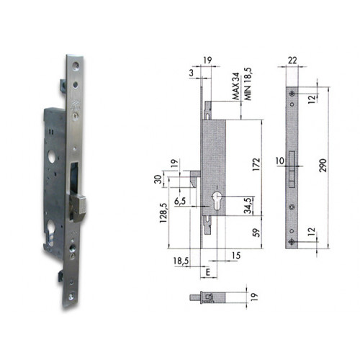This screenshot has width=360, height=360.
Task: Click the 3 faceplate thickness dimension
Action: [x=192, y=73]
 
